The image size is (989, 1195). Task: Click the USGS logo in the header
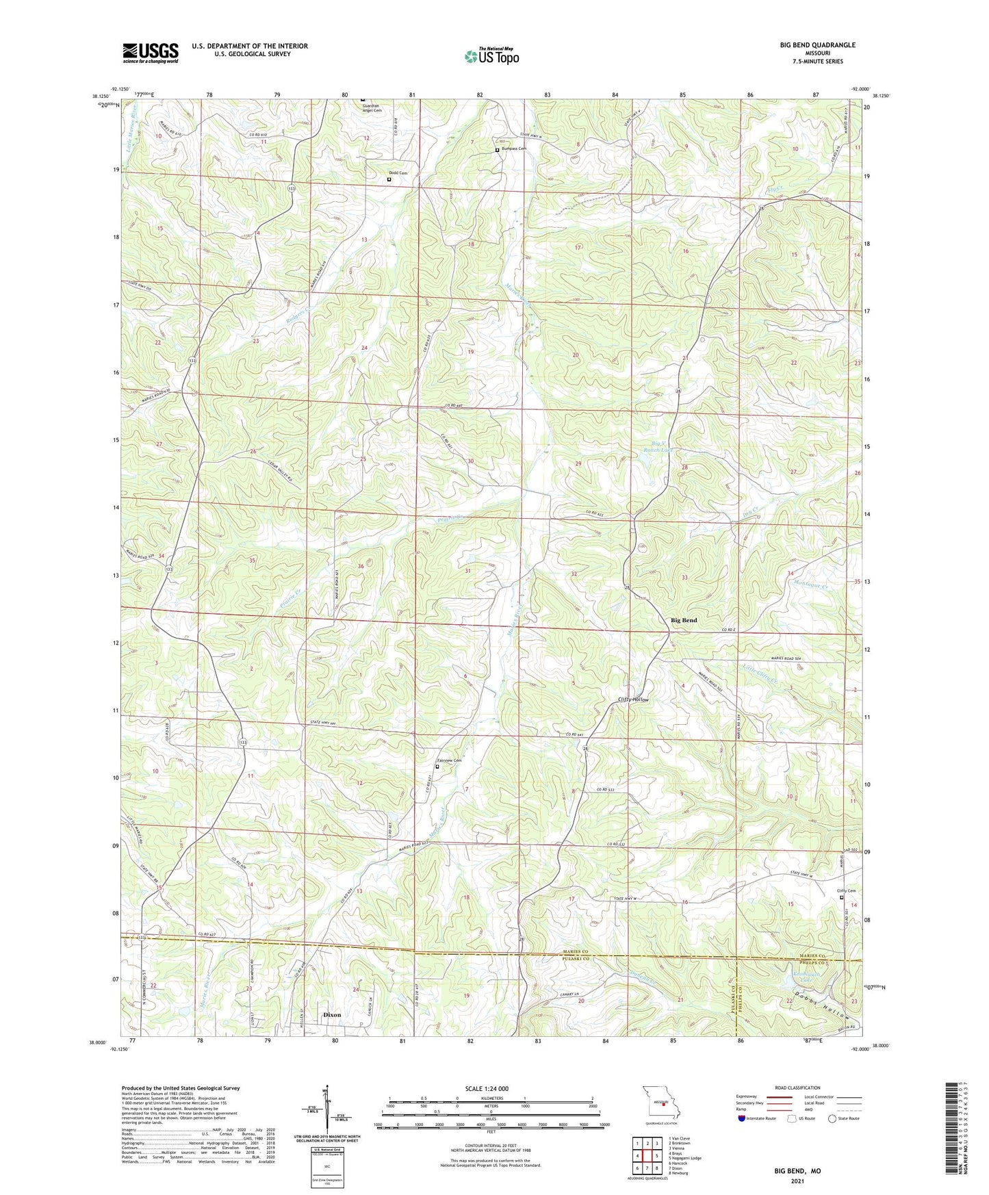(x=151, y=52)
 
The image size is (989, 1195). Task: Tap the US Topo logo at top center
(x=491, y=56)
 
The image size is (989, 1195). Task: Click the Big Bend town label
(x=684, y=620)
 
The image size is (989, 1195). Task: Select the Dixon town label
(x=332, y=1014)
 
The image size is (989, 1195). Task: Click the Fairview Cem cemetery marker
(x=437, y=767)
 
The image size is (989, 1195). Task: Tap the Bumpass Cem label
(x=513, y=149)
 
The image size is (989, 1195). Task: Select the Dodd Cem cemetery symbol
(x=389, y=179)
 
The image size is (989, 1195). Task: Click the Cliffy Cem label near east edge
(x=847, y=890)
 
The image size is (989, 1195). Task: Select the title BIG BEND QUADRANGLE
(x=817, y=45)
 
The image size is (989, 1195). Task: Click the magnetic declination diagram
(x=328, y=1109)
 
